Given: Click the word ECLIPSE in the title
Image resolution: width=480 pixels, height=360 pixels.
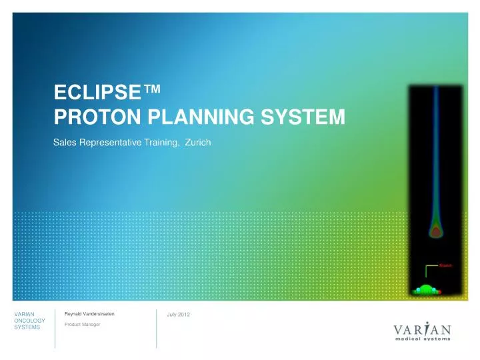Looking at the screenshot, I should tap(96, 92).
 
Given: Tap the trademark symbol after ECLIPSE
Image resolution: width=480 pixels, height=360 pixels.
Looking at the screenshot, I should tap(151, 91).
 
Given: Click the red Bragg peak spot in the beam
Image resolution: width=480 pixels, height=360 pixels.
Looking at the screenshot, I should tap(435, 231).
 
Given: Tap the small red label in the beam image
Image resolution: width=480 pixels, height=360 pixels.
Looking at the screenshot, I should tap(446, 265).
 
